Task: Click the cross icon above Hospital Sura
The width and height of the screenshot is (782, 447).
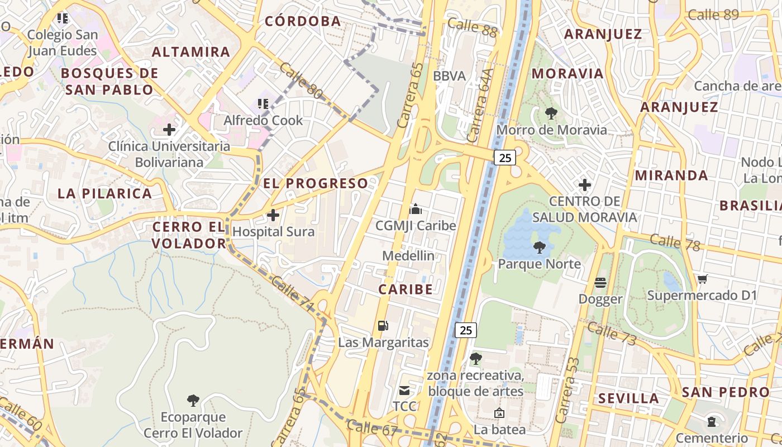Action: (x=273, y=215)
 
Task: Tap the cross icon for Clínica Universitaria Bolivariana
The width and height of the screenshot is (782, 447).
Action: (x=169, y=130)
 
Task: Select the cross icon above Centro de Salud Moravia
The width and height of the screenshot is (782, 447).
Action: (x=585, y=184)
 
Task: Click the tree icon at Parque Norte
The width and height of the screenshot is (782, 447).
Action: (x=539, y=247)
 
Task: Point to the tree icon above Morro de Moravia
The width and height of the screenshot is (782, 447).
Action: (x=551, y=113)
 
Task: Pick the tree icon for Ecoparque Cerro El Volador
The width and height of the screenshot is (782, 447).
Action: (x=193, y=400)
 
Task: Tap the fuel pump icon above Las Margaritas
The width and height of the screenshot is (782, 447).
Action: (x=383, y=325)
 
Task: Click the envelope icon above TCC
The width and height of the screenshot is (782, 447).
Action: (x=404, y=390)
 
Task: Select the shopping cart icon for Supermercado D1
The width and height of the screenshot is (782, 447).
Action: (x=702, y=279)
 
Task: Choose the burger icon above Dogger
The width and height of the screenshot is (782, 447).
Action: (x=600, y=283)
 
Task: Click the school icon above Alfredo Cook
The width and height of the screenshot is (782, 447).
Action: (x=263, y=103)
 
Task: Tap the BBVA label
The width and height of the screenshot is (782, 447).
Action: (x=449, y=76)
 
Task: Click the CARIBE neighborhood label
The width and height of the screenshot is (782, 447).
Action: (x=406, y=289)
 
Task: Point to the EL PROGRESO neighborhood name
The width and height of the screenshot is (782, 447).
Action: (x=316, y=183)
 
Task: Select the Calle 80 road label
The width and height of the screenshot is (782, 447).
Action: (x=301, y=82)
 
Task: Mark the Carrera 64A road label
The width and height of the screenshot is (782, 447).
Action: (x=481, y=106)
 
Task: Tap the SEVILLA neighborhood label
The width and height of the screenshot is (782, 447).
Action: (x=629, y=398)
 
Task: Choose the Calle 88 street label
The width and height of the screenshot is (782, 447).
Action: (x=472, y=27)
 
